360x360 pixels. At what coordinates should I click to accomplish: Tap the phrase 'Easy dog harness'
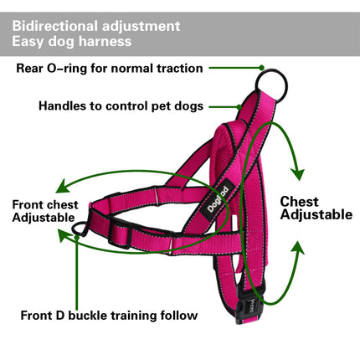tap(71, 41)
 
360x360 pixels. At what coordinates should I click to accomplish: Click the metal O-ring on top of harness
tap(273, 83)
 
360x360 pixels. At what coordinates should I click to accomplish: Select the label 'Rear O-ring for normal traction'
tap(110, 67)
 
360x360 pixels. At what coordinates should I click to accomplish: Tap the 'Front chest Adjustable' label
tap(45, 211)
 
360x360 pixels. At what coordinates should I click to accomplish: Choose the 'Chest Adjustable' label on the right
tap(316, 208)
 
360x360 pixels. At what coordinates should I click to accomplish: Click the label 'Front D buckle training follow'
tap(109, 316)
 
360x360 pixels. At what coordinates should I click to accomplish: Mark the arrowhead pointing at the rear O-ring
tap(262, 67)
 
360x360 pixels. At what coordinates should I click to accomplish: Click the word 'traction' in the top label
tap(175, 67)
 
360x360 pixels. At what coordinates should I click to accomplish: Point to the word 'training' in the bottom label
tap(139, 316)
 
